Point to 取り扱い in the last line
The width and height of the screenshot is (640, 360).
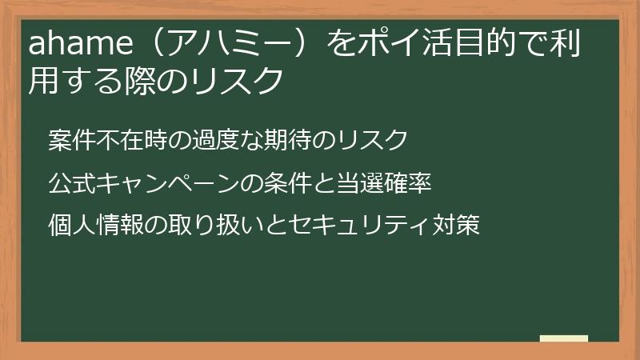194,225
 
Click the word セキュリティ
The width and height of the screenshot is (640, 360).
355,225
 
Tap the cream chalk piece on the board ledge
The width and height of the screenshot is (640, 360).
564,338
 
